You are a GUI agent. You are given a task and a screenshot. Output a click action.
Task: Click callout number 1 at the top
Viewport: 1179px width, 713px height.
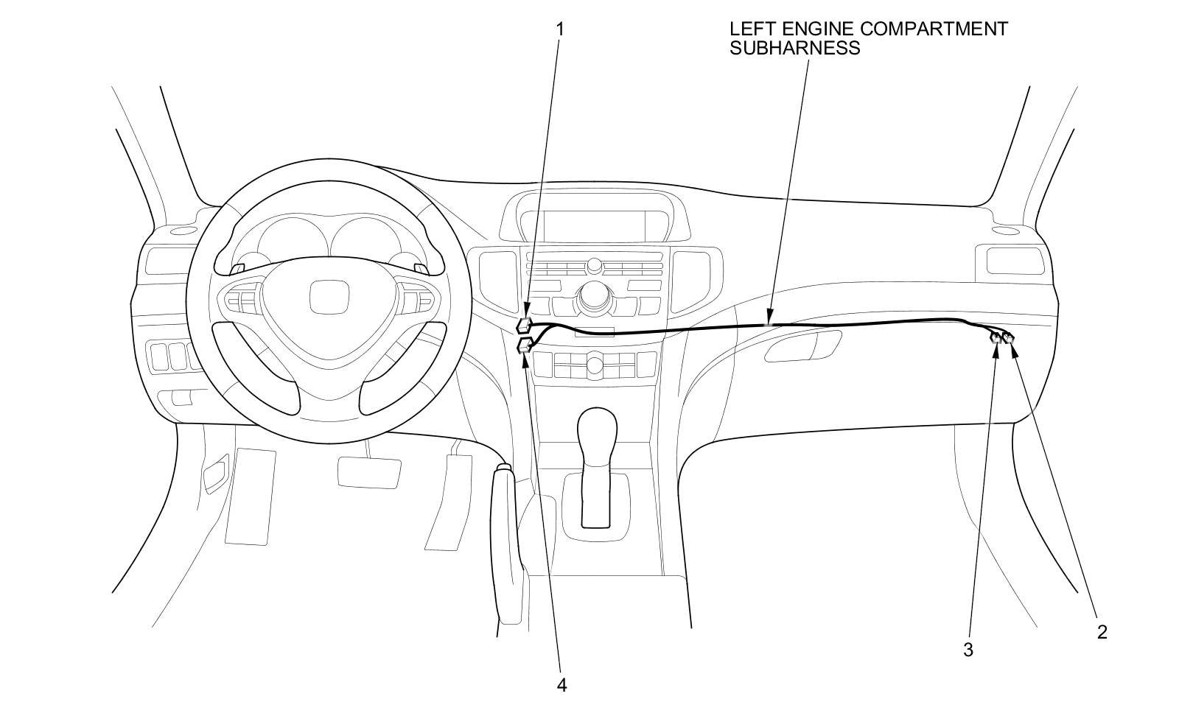(x=560, y=29)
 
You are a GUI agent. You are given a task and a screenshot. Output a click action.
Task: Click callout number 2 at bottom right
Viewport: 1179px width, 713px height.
(x=1102, y=631)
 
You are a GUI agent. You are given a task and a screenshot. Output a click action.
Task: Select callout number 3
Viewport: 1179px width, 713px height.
(x=968, y=650)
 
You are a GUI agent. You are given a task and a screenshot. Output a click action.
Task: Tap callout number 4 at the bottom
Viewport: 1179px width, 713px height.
(x=561, y=685)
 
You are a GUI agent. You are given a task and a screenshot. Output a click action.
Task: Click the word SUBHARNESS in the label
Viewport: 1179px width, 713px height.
(x=794, y=49)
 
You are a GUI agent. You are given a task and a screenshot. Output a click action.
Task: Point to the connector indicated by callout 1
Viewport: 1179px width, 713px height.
(x=525, y=325)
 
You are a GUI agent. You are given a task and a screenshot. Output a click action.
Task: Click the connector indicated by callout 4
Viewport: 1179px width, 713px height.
(x=525, y=345)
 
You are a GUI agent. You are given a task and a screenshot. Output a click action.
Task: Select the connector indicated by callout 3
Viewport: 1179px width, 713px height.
(x=996, y=338)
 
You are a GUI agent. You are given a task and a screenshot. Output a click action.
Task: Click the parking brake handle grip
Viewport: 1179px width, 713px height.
(x=508, y=545)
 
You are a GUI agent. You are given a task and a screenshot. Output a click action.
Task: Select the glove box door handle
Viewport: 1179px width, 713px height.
(x=802, y=346)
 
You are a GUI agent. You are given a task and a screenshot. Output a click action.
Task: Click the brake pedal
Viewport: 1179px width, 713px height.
(x=369, y=471)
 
